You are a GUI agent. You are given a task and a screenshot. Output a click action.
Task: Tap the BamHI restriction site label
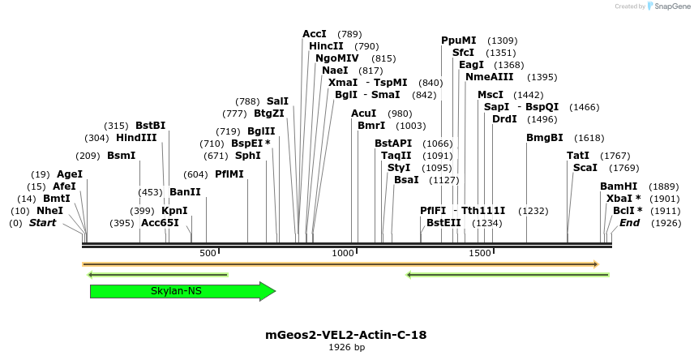619,186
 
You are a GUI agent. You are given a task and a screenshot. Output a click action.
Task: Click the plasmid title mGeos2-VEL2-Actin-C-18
346,334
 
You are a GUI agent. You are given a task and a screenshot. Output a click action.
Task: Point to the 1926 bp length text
346,347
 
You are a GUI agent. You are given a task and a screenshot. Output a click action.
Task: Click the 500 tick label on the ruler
208,253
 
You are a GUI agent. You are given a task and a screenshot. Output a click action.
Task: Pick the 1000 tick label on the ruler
344,253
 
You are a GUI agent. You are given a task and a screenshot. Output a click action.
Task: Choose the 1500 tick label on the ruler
480,253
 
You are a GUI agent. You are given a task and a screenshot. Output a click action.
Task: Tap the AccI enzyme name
315,34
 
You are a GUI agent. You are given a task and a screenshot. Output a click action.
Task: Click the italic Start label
43,223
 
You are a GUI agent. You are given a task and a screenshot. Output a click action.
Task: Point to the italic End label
630,223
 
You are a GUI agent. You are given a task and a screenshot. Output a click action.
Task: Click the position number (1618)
589,138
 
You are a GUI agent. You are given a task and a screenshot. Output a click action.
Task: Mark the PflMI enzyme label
229,174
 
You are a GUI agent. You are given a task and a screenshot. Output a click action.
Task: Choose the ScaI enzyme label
585,168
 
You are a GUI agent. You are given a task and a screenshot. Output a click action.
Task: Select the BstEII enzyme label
443,223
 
